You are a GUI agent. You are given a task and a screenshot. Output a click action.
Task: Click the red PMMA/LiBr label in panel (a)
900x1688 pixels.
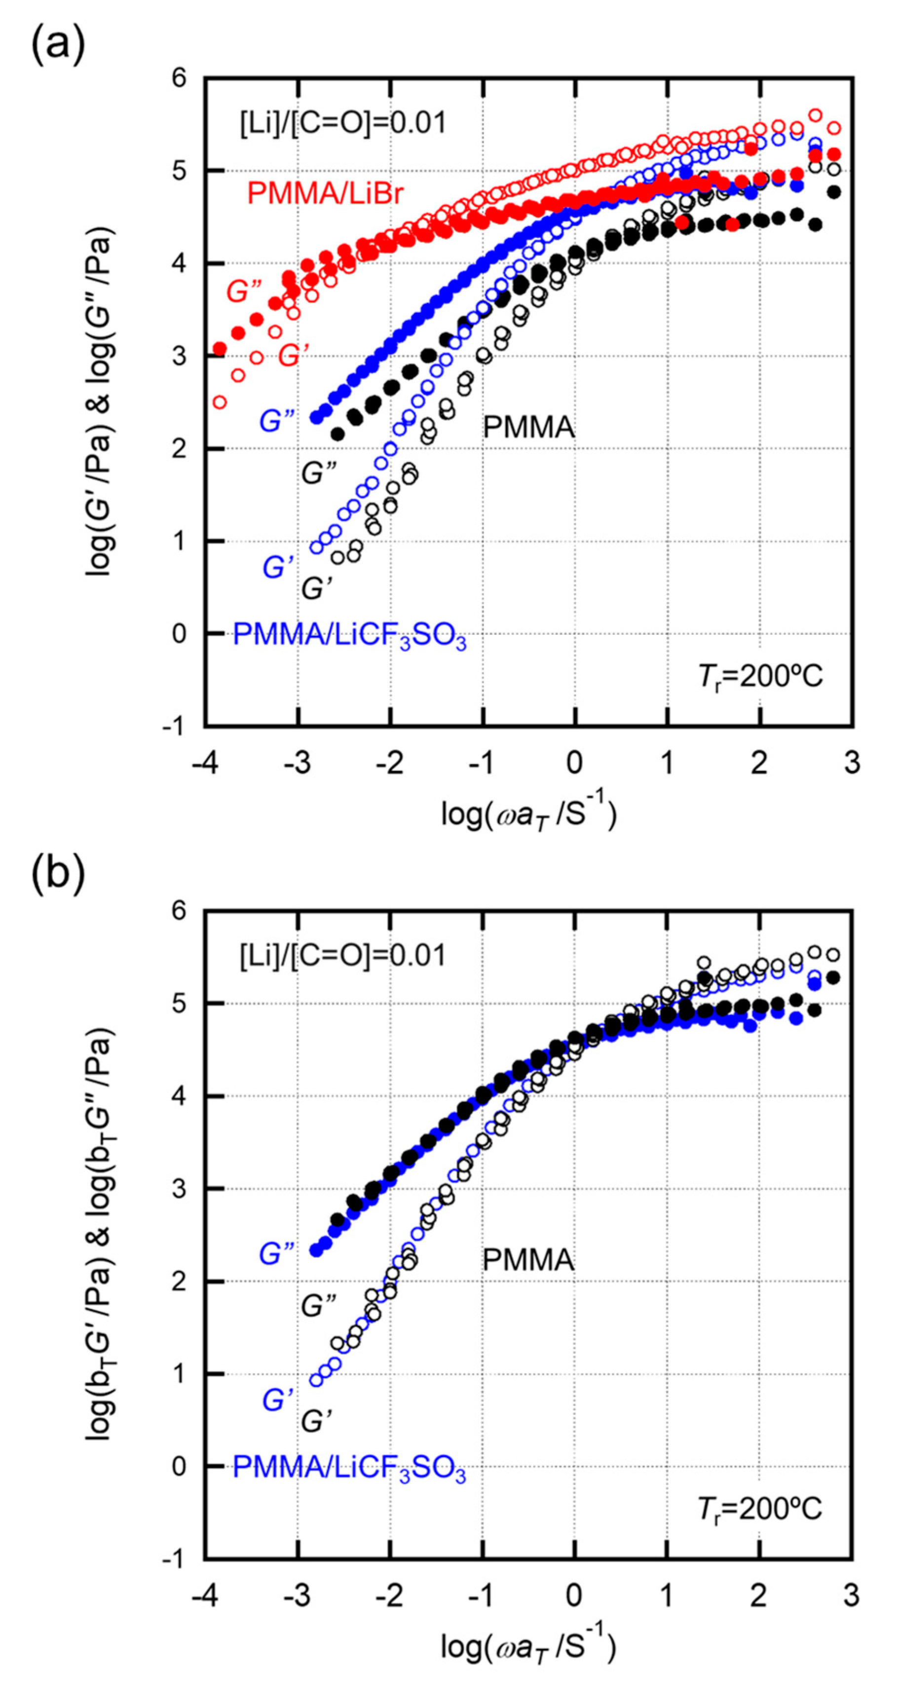[325, 194]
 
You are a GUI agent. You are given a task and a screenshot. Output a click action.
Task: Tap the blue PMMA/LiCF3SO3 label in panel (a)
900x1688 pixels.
[349, 636]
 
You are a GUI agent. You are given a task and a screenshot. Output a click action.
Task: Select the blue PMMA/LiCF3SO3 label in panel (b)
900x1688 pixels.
[349, 1468]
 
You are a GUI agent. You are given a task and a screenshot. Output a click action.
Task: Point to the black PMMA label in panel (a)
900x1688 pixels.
[528, 429]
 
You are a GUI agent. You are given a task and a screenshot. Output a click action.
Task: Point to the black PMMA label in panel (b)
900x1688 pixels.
[528, 1260]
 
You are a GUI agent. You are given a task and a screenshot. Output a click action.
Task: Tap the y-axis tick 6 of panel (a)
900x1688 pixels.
[178, 78]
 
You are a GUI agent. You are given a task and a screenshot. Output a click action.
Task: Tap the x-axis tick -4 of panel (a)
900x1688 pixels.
[204, 762]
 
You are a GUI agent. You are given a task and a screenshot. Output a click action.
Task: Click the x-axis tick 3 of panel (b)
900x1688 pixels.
[851, 1594]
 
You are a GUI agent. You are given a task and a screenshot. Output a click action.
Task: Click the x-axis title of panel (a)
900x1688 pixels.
[528, 813]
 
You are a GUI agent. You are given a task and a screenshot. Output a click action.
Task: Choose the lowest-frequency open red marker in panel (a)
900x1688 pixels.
[220, 402]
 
